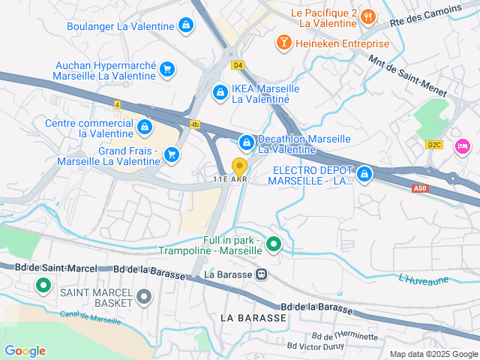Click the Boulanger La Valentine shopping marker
tap(186, 26)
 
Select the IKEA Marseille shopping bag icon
tap(220, 93)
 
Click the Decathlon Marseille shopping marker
tap(246, 142)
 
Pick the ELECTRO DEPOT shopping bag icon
tap(364, 174)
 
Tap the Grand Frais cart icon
tap(172, 154)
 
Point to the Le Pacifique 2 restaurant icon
tap(367, 16)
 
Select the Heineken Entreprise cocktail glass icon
tap(284, 43)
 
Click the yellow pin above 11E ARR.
tap(240, 166)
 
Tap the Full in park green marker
tap(274, 244)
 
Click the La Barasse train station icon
tap(261, 274)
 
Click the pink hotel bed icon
tap(463, 144)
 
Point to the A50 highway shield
tap(421, 189)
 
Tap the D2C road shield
tap(434, 145)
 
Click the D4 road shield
tap(238, 65)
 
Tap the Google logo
tap(25, 351)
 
